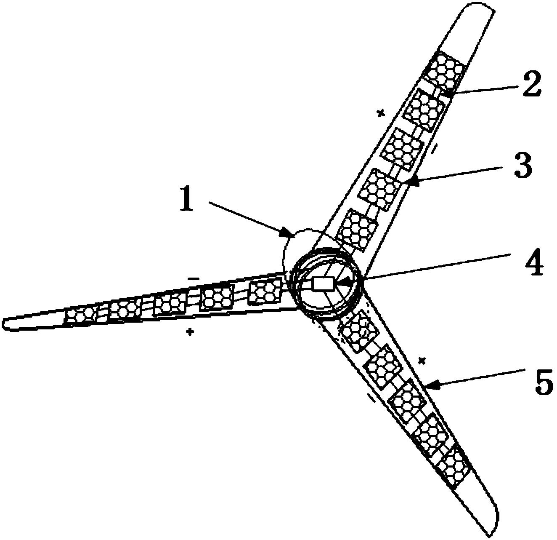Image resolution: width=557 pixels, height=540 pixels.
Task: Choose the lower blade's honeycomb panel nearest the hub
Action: click(x=356, y=331)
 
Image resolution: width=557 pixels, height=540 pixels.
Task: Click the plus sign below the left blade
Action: click(x=190, y=332)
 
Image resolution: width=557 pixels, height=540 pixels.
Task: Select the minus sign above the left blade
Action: click(x=193, y=278)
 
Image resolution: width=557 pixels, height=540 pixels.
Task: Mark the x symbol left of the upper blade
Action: click(x=381, y=113)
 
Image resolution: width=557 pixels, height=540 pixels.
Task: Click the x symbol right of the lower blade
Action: click(x=422, y=360)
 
